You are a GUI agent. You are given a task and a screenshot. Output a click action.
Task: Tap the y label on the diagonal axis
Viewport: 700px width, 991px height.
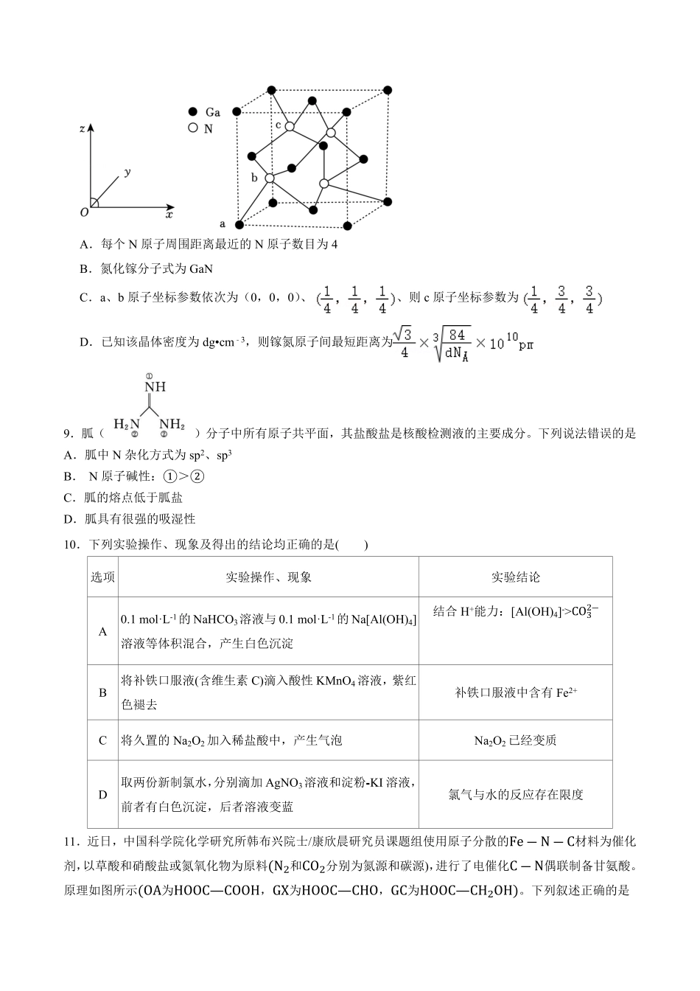pyautogui.click(x=127, y=172)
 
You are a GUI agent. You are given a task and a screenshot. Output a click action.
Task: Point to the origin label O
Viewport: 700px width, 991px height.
pyautogui.click(x=84, y=212)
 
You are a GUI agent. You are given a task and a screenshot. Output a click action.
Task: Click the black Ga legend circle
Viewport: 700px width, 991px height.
pyautogui.click(x=193, y=112)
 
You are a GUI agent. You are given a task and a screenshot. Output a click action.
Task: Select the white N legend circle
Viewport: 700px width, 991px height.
pyautogui.click(x=193, y=128)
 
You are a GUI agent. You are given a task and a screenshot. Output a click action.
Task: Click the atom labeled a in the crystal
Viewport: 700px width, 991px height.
pyautogui.click(x=239, y=224)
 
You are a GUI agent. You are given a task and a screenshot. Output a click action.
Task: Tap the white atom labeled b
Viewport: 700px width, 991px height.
pyautogui.click(x=270, y=178)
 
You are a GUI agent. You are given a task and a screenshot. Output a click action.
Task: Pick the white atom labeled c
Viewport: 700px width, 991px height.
pyautogui.click(x=290, y=127)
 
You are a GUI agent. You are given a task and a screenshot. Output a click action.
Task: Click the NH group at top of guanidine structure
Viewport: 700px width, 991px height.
pyautogui.click(x=155, y=386)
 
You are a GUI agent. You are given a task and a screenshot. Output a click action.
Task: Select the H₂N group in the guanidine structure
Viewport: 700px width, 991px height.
pyautogui.click(x=126, y=424)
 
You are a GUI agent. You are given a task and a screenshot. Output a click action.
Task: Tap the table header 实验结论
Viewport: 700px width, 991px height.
pyautogui.click(x=515, y=577)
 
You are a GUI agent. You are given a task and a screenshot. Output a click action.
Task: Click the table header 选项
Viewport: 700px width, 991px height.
pyautogui.click(x=102, y=577)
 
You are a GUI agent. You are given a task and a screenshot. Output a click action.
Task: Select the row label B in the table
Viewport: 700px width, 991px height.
pyautogui.click(x=102, y=693)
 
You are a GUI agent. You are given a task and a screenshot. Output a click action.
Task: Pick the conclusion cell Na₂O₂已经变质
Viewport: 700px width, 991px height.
pyautogui.click(x=515, y=740)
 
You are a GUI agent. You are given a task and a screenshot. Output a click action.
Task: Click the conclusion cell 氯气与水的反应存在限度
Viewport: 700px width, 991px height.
pyautogui.click(x=515, y=794)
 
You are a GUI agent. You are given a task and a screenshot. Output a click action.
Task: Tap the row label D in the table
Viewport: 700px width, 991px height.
pyautogui.click(x=102, y=794)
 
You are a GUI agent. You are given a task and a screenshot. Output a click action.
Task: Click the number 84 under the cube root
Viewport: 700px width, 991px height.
pyautogui.click(x=457, y=334)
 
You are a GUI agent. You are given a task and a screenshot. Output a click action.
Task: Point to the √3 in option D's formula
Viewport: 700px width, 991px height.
pyautogui.click(x=402, y=334)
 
